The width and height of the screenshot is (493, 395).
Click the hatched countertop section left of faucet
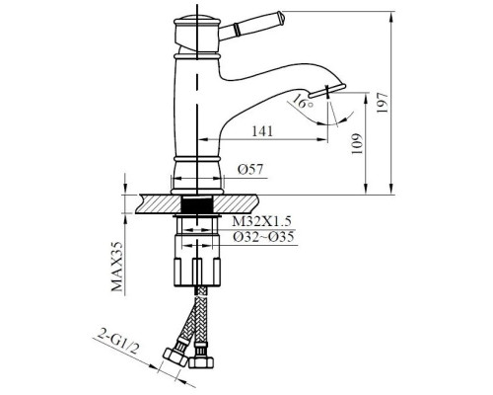(x=153, y=203)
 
